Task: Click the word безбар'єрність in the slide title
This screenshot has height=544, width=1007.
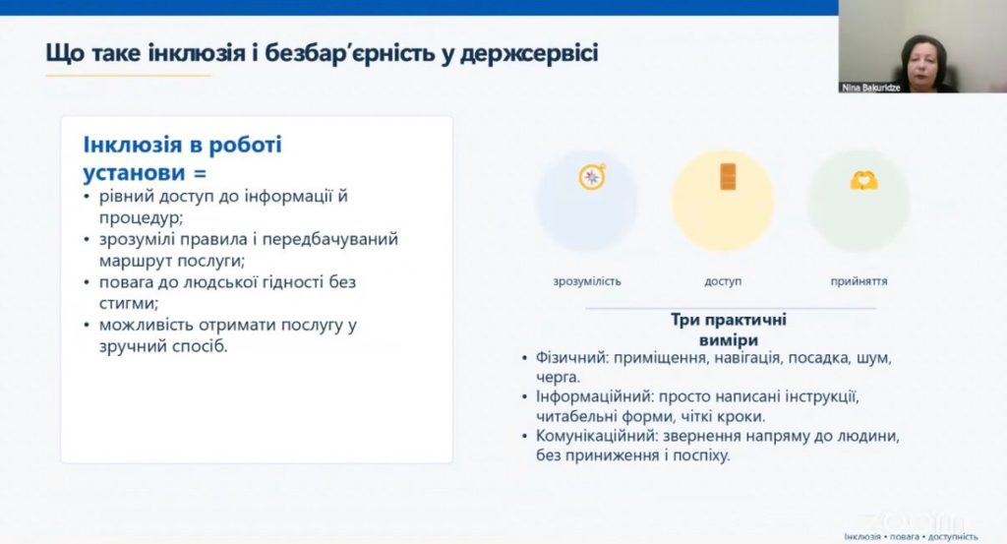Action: (349, 53)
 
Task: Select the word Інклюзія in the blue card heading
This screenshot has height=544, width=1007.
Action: (133, 145)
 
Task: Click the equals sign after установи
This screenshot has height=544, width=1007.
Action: (200, 173)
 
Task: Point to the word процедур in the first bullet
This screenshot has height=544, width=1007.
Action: (139, 218)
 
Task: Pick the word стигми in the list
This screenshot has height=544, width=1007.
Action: (127, 303)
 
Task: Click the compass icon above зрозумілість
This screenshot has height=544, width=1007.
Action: (591, 177)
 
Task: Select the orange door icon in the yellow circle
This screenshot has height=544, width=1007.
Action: (728, 177)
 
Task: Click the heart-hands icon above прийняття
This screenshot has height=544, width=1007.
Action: (863, 180)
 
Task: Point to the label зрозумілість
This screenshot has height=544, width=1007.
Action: (587, 281)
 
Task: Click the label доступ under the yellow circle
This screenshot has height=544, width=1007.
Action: (723, 281)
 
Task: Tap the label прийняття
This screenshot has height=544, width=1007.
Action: (859, 281)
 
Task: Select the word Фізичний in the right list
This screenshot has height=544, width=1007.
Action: (571, 358)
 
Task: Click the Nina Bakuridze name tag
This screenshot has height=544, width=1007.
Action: (871, 88)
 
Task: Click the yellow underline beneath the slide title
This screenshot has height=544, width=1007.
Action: (129, 76)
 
